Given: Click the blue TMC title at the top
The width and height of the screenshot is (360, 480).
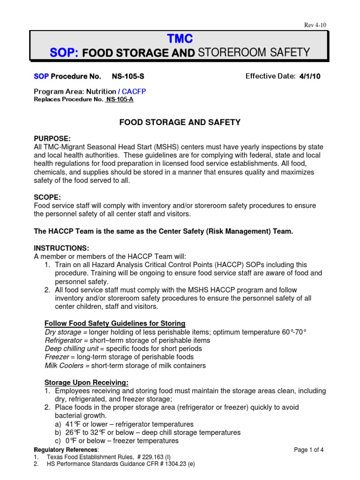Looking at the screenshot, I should [180, 38].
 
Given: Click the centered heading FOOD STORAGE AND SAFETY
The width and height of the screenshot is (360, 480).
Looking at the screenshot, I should [180, 122].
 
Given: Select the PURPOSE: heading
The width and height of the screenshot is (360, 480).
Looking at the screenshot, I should [52, 139].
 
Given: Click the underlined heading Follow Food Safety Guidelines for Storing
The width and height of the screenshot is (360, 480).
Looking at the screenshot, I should [115, 323].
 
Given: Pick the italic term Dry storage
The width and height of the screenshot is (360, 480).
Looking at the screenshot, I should [62, 332].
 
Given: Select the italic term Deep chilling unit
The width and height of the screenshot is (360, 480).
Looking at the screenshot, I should [72, 349].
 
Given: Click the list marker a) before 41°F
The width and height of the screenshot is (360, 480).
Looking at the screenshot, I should [59, 424].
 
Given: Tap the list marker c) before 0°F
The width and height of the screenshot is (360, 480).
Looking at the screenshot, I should [59, 441].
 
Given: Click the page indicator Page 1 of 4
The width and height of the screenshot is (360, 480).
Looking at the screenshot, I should [309, 450].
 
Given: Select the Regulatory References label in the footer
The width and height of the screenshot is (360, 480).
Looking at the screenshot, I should [58, 450].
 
